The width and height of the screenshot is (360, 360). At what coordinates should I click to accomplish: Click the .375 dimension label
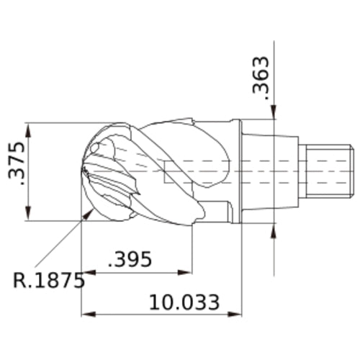[17, 163]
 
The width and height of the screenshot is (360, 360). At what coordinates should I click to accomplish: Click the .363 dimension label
[261, 78]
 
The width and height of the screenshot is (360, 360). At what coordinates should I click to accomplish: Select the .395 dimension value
[130, 259]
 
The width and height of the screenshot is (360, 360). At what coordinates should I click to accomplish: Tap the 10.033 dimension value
[184, 302]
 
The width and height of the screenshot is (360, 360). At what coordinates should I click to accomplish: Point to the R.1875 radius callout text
[49, 280]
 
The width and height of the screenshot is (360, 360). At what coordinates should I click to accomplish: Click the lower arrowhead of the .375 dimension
[29, 213]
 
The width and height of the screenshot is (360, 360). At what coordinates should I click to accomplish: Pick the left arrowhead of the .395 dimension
[89, 273]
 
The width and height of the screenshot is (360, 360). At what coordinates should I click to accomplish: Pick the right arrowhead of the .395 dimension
[185, 273]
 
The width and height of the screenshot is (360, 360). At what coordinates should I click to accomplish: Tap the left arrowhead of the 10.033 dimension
[89, 314]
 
